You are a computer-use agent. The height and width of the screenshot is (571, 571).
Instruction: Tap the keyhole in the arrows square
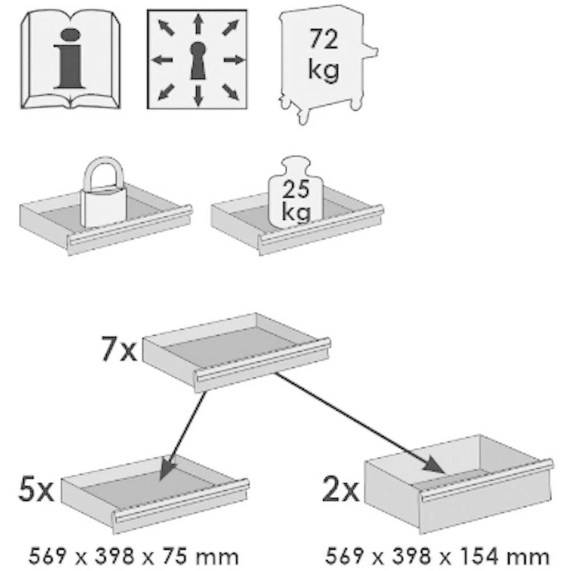pos(198,59)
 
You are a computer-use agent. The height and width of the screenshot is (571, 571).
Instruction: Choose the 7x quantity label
pos(119,351)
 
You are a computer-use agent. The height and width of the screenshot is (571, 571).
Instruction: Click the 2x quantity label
pos(340,490)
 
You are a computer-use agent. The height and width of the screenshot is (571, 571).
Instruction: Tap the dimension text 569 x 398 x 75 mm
pos(133,554)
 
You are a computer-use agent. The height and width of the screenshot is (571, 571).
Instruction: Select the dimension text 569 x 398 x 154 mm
pos(437,554)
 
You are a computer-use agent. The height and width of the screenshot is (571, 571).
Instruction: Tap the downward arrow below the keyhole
pos(198,95)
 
